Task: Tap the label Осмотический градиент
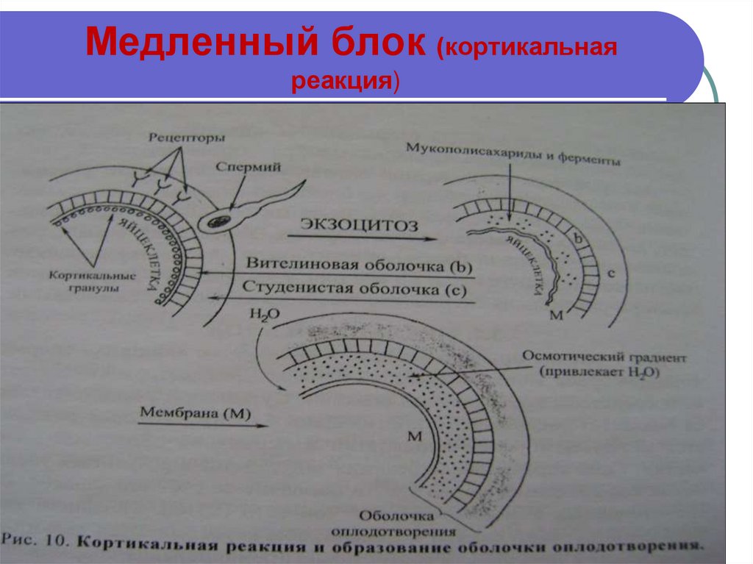pyautogui.click(x=604, y=358)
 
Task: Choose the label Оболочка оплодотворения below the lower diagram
pyautogui.click(x=404, y=522)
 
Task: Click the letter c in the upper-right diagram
pyautogui.click(x=611, y=274)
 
